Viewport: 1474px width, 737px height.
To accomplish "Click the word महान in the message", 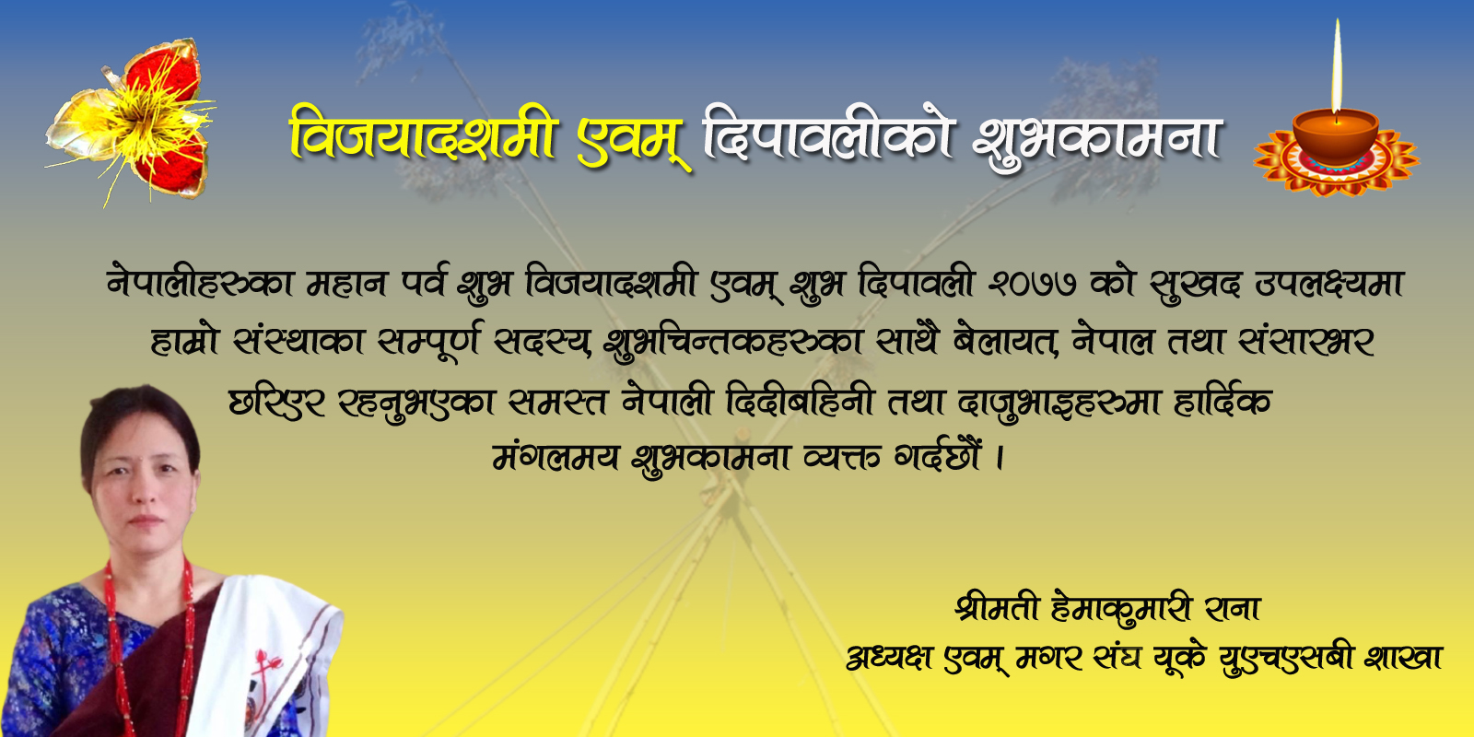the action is point(346,284).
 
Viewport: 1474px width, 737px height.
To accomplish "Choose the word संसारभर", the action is point(1306,342).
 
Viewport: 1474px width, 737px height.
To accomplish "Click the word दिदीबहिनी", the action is point(800,399).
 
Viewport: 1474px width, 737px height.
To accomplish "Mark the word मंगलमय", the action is point(556,456).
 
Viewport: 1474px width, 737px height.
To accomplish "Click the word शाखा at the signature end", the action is point(1404,657).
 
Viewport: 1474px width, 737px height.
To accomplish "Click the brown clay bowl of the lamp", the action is point(1336,137).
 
